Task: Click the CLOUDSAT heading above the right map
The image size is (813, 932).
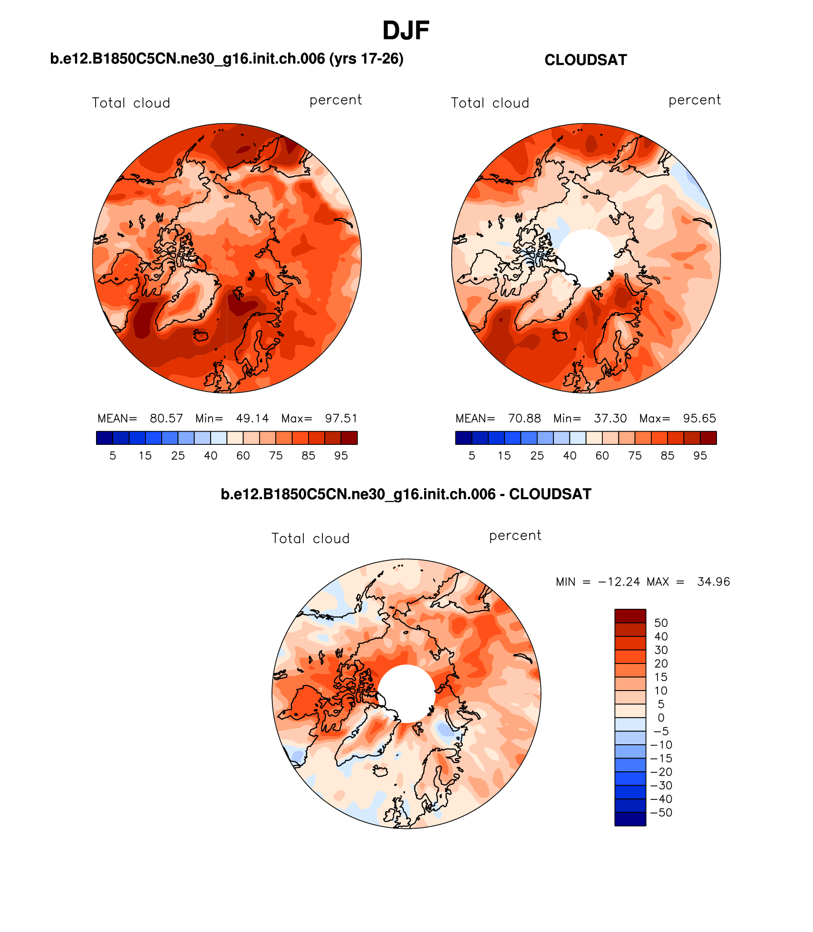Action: click(x=585, y=60)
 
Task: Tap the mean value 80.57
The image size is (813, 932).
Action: click(x=166, y=418)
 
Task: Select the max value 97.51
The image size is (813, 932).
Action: click(x=341, y=418)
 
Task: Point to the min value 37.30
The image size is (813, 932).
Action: click(x=610, y=418)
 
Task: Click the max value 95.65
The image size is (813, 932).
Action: click(x=699, y=418)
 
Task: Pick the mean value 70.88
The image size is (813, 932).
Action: click(x=524, y=418)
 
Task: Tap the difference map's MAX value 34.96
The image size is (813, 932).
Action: click(x=713, y=582)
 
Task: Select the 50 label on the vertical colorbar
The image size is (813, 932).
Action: click(x=661, y=623)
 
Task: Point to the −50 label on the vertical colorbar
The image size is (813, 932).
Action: click(x=661, y=813)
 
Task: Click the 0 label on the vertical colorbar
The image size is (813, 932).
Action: click(x=661, y=718)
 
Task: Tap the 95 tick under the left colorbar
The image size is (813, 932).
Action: click(x=341, y=456)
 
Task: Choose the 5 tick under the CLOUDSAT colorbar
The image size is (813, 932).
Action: click(x=472, y=456)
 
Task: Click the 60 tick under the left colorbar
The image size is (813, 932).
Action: click(x=243, y=456)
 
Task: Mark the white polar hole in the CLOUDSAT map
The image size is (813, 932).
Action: click(x=586, y=258)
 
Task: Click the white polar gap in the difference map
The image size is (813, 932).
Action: click(x=406, y=693)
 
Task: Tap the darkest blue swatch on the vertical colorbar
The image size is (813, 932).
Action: click(x=630, y=819)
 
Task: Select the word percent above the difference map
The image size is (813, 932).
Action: click(x=515, y=536)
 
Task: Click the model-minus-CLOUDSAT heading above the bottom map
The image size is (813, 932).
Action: click(x=406, y=494)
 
